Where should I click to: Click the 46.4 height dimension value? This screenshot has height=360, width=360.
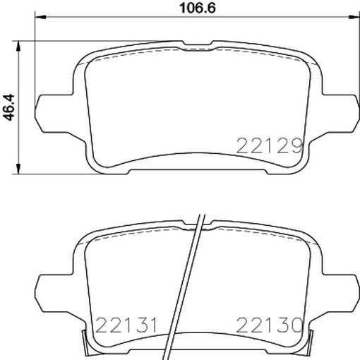(11, 106)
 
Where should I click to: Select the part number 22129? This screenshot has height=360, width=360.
(270, 145)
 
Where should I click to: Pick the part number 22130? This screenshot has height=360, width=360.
(270, 325)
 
